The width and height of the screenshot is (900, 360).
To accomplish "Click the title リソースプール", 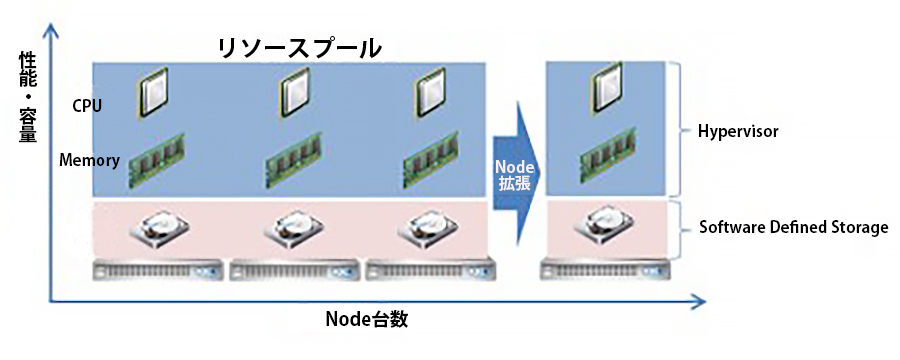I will (300, 47).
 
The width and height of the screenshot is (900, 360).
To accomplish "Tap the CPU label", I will (86, 105).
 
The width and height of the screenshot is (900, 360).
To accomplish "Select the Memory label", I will (90, 160).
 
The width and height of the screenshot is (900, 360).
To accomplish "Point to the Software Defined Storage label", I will (791, 227).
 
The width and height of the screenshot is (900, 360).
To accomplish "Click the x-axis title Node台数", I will (368, 320).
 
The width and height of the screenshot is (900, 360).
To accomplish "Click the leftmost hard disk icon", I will (158, 229).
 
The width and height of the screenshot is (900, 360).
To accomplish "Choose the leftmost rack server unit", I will (159, 269).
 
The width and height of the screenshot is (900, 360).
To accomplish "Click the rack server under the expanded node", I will (605, 269).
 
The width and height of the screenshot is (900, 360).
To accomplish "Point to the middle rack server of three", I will (296, 269).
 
